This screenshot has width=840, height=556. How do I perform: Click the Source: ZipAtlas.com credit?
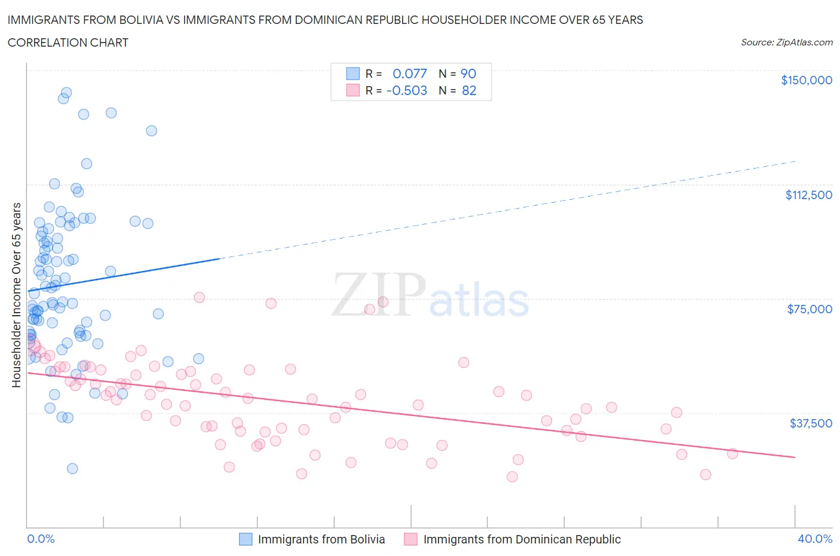(x=786, y=42)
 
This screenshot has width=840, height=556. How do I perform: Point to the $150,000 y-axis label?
(x=806, y=80)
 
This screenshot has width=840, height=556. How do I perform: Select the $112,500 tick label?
(x=808, y=195)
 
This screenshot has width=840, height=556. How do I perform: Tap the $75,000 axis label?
(x=809, y=309)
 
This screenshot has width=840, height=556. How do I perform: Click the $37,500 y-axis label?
(x=810, y=423)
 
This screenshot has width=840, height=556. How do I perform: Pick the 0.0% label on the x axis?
(x=41, y=539)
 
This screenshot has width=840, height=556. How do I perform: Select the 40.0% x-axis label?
(x=815, y=539)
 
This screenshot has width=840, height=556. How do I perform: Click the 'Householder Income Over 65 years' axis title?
(x=17, y=295)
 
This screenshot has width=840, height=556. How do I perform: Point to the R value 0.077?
(x=409, y=74)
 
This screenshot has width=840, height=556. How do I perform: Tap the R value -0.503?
(x=407, y=90)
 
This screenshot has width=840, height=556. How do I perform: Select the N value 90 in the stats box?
(x=468, y=74)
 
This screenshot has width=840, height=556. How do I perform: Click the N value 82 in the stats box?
(x=468, y=90)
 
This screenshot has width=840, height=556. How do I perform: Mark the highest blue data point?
(x=66, y=93)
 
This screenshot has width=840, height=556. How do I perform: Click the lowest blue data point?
(x=72, y=468)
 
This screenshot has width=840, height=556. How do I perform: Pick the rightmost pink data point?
(x=732, y=453)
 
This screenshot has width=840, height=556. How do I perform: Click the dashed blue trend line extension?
(x=508, y=210)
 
